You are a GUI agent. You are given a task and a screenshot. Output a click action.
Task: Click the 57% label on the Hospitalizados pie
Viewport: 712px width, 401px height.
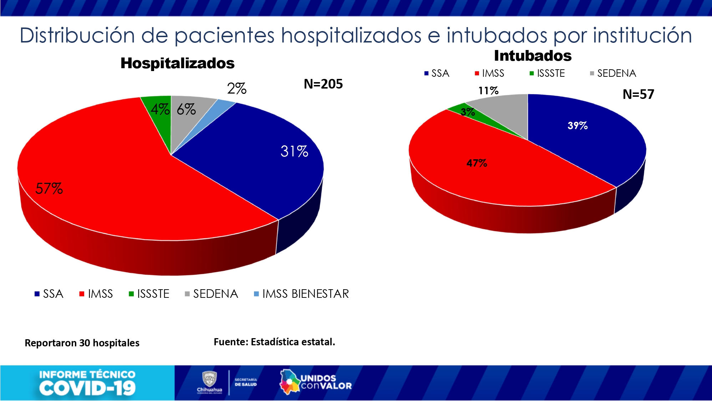[49, 188]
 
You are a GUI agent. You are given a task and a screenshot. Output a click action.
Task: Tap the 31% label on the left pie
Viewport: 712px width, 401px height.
[294, 151]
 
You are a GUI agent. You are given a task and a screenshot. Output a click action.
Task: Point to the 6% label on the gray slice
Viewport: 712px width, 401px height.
[186, 109]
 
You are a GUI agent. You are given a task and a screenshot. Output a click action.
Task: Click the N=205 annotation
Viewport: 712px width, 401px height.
[323, 84]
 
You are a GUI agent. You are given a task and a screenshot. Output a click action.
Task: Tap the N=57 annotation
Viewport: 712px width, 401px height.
[638, 94]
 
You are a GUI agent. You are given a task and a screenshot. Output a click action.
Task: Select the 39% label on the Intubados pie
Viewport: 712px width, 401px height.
[577, 126]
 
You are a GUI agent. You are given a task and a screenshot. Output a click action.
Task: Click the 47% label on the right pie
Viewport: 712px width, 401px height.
[477, 163]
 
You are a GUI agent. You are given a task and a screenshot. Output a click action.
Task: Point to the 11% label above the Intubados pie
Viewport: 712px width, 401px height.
[488, 91]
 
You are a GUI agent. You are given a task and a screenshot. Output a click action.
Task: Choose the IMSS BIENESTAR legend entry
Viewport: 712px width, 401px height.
[301, 294]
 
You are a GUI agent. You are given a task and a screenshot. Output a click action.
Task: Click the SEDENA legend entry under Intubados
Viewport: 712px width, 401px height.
[613, 74]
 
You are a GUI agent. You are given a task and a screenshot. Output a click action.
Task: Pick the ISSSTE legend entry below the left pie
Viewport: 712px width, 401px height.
[149, 294]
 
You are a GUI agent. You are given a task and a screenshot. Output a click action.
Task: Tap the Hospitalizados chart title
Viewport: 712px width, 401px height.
[177, 63]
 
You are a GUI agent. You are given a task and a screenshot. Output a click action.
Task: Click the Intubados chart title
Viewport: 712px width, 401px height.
[533, 56]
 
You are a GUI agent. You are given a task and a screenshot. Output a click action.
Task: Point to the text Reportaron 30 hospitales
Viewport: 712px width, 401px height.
[82, 343]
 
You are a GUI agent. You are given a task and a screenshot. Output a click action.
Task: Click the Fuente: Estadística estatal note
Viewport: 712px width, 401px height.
[274, 342]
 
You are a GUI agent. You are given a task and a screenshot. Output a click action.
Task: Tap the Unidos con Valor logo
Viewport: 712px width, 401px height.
[316, 382]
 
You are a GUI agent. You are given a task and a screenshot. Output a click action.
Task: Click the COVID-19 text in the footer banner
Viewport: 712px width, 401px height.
[87, 388]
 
